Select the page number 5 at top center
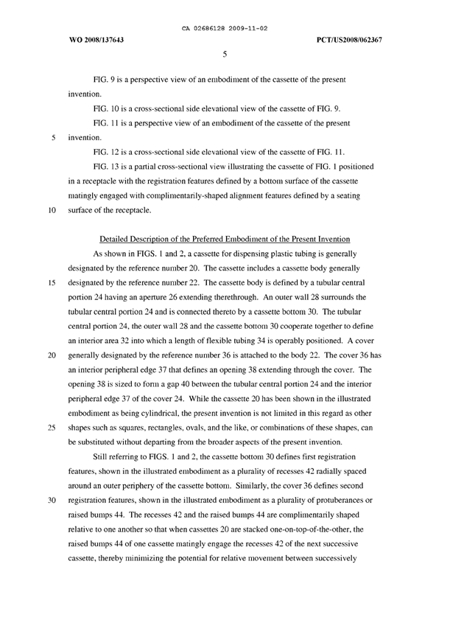coord(225,53)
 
